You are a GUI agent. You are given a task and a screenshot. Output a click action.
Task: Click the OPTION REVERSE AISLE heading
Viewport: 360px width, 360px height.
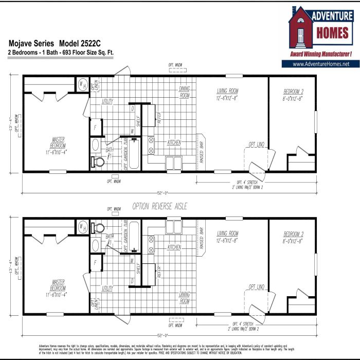point(160,206)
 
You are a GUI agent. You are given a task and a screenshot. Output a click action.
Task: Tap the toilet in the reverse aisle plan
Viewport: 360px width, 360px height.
point(99,227)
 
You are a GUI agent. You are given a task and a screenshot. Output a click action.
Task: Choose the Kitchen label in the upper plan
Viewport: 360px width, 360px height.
point(174,142)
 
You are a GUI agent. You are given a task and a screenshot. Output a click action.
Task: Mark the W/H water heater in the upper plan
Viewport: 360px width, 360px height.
point(82,84)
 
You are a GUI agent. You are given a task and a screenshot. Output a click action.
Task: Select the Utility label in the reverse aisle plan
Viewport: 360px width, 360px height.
point(107,289)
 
